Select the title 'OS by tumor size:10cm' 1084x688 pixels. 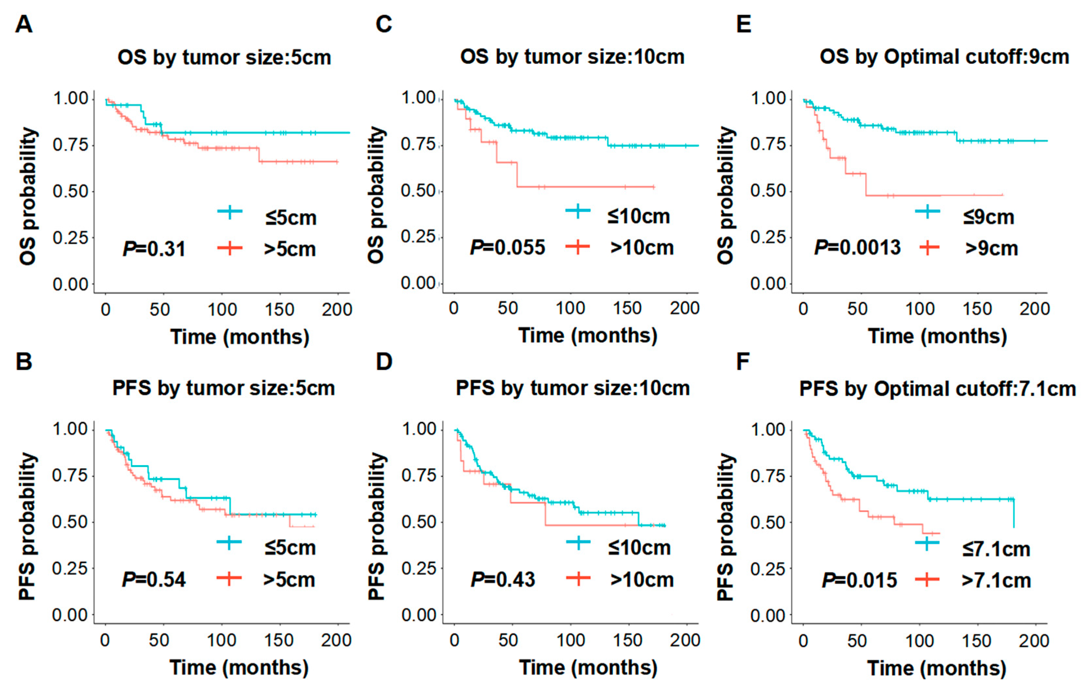click(572, 57)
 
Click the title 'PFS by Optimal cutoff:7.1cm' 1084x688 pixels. click(938, 389)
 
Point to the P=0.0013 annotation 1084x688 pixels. click(857, 247)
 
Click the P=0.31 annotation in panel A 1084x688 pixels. click(154, 249)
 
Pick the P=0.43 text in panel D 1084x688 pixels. click(503, 579)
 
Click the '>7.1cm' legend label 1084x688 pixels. click(996, 580)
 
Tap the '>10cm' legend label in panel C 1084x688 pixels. click(642, 248)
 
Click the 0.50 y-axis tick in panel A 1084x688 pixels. click(71, 191)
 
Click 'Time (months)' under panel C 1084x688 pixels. click(588, 336)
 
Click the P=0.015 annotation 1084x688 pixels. click(859, 580)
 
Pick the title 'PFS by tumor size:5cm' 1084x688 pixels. click(224, 388)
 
